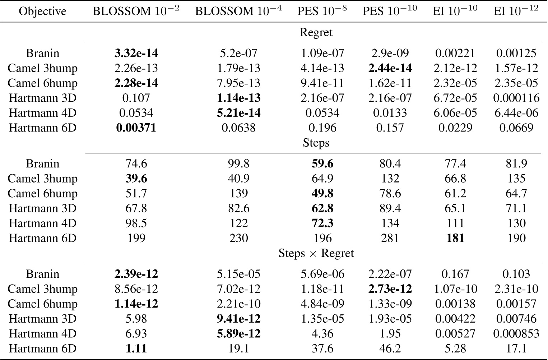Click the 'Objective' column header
pos(42,11)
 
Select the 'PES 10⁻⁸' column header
pos(322,11)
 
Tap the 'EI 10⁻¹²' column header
pos(516,11)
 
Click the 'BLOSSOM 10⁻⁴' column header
pos(238,11)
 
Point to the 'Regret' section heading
pos(316,32)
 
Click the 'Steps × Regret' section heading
pos(316,253)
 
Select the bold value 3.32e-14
pos(136,53)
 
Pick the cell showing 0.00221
pos(455,53)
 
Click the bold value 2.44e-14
pos(390,68)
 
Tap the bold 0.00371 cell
pos(136,128)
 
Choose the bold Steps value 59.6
pos(322,163)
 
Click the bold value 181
pos(455,238)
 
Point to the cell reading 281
pos(390,238)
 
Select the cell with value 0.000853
pos(516,333)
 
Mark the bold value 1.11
pos(136,348)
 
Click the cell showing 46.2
pos(390,348)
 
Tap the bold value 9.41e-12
pos(238,319)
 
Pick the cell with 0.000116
pos(516,98)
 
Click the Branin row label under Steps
pos(42,163)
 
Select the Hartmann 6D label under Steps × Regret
pos(42,348)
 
